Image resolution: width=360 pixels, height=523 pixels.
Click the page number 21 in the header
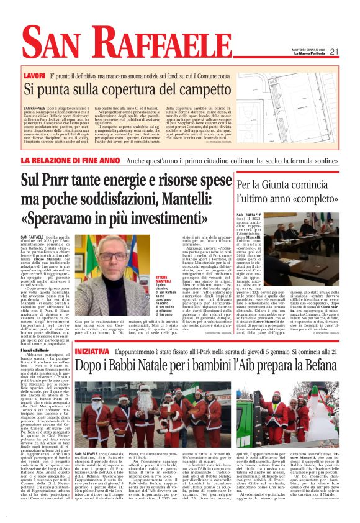(x=334, y=52)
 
